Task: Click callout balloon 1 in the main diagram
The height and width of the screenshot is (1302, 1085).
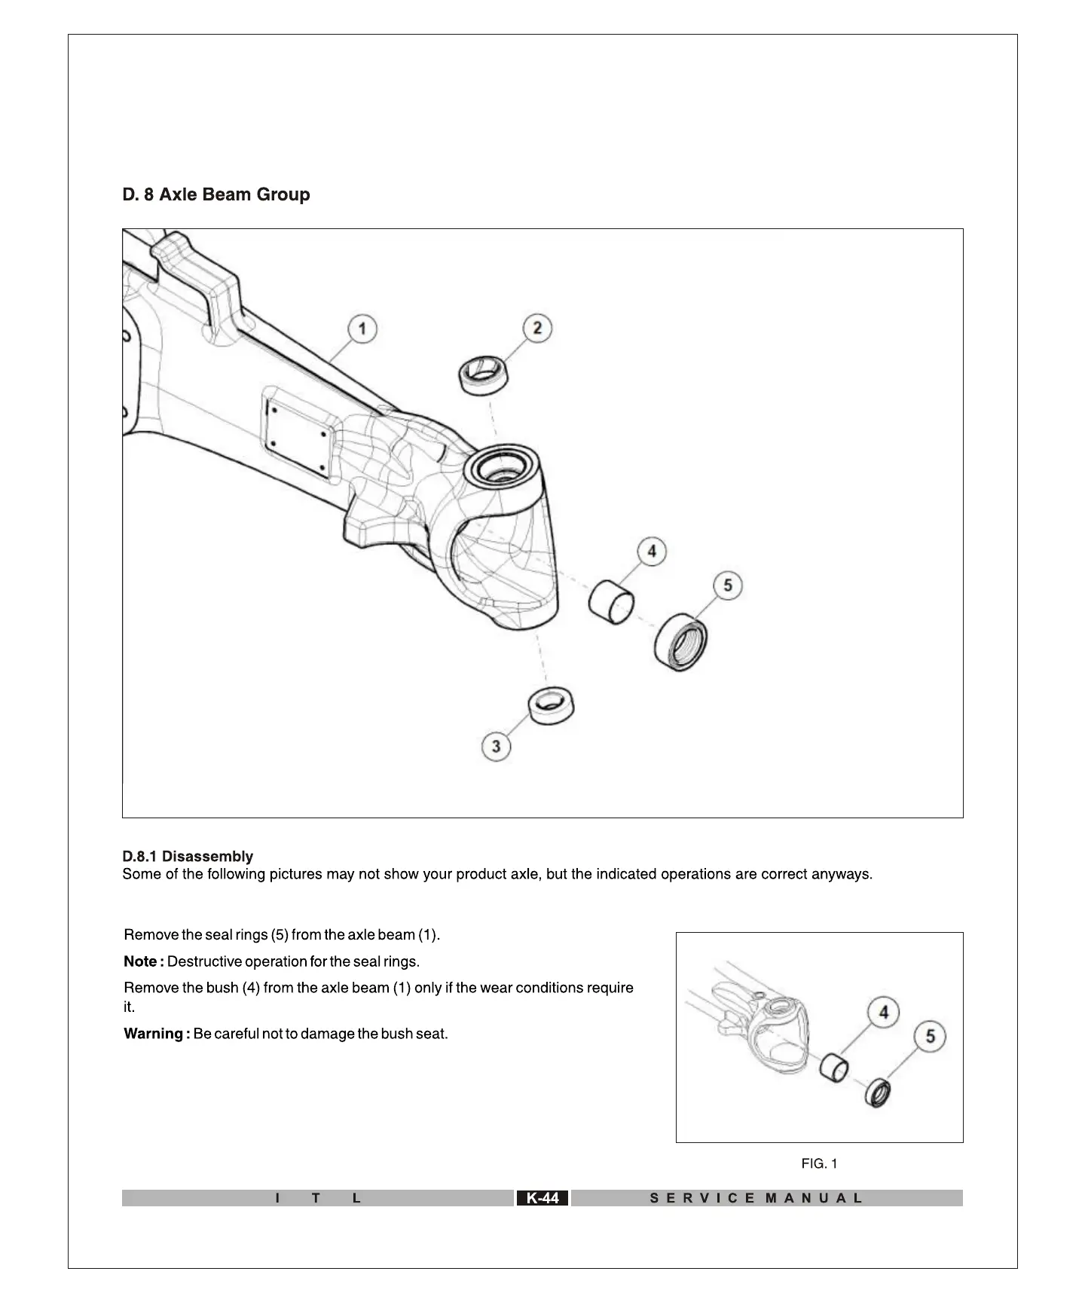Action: pos(362,329)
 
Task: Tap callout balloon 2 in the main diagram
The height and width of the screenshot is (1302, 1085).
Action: pos(537,328)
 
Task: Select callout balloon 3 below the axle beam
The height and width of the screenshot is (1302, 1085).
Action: pos(496,746)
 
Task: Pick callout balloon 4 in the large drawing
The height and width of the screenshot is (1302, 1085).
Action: pos(652,552)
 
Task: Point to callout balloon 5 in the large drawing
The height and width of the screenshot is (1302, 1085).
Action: pos(728,585)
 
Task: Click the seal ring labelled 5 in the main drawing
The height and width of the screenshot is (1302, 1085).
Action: pos(681,642)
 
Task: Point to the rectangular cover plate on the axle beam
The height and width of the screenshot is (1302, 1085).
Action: pos(298,435)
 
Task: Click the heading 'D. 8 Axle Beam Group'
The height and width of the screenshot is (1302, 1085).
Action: pos(216,194)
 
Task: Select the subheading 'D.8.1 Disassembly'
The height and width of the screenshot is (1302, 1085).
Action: pos(188,856)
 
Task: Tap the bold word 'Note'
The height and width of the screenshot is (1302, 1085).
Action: pos(140,961)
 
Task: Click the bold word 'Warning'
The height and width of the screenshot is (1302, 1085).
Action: pos(153,1034)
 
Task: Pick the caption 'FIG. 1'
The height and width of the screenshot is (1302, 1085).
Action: pos(819,1164)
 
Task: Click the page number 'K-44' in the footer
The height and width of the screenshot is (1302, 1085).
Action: pos(542,1198)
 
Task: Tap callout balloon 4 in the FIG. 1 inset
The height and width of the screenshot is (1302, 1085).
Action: pos(884,1013)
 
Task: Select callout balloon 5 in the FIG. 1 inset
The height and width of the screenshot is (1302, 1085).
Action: pos(931,1037)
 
